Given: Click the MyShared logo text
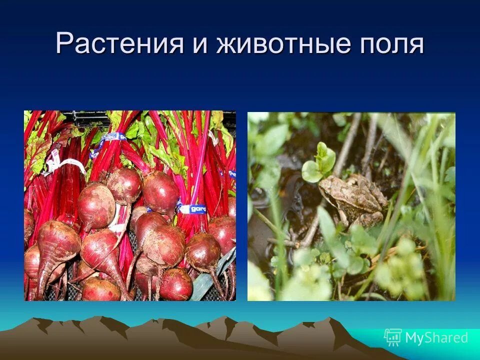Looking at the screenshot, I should (436, 337).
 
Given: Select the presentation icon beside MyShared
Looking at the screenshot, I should (392, 337).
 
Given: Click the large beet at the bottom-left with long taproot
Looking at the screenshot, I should (57, 245).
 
